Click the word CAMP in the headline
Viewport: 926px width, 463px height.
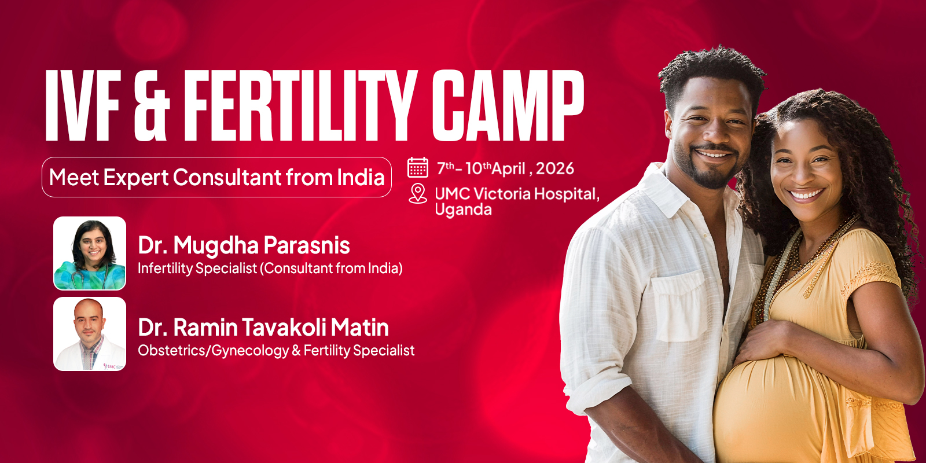507,106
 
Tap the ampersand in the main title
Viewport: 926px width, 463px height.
152,106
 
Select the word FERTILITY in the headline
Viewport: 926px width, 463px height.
300,106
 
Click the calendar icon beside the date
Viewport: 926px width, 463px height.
418,167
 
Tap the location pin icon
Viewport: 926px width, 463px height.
417,193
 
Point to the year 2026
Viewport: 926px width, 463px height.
554,168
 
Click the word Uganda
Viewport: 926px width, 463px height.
463,210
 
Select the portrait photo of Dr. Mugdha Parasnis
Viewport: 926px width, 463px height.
90,253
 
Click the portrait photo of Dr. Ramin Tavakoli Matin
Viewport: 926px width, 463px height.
90,334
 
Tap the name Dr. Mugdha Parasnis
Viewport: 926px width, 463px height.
244,245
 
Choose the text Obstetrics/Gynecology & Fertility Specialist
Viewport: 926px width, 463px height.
276,351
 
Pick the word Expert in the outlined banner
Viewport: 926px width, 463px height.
135,178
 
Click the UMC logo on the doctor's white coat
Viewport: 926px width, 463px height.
113,366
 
